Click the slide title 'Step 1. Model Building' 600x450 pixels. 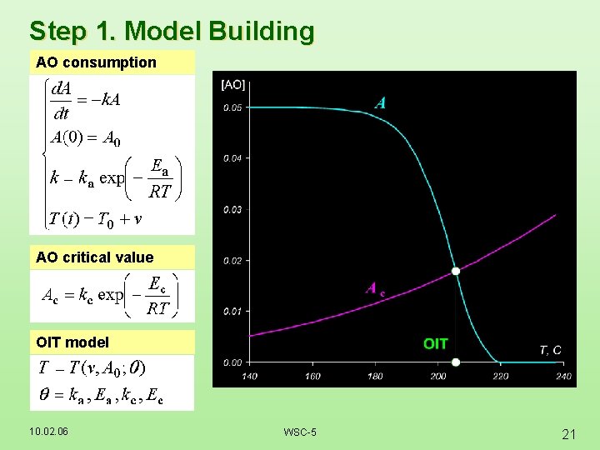pyautogui.click(x=172, y=31)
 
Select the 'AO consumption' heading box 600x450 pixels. pyautogui.click(x=96, y=62)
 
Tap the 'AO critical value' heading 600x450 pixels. pyautogui.click(x=95, y=257)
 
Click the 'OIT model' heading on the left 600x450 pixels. pyautogui.click(x=72, y=342)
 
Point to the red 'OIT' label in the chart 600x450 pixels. pyautogui.click(x=435, y=343)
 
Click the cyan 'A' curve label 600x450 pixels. pyautogui.click(x=380, y=103)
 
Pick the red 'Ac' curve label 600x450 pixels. pyautogui.click(x=376, y=289)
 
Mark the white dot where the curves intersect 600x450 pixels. pyautogui.click(x=456, y=271)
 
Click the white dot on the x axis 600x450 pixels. pyautogui.click(x=456, y=362)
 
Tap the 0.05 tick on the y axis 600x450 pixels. pyautogui.click(x=232, y=107)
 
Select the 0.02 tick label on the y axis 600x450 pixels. pyautogui.click(x=232, y=261)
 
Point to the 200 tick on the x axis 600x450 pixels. pyautogui.click(x=438, y=377)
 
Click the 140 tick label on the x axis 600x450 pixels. pyautogui.click(x=249, y=377)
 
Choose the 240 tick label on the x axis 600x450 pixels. pyautogui.click(x=564, y=377)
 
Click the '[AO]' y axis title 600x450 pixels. pyautogui.click(x=233, y=84)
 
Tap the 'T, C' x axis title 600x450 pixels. pyautogui.click(x=550, y=350)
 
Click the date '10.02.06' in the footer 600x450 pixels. pyautogui.click(x=48, y=431)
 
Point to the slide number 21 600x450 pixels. pyautogui.click(x=569, y=433)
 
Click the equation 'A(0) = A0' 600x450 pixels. pyautogui.click(x=85, y=139)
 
